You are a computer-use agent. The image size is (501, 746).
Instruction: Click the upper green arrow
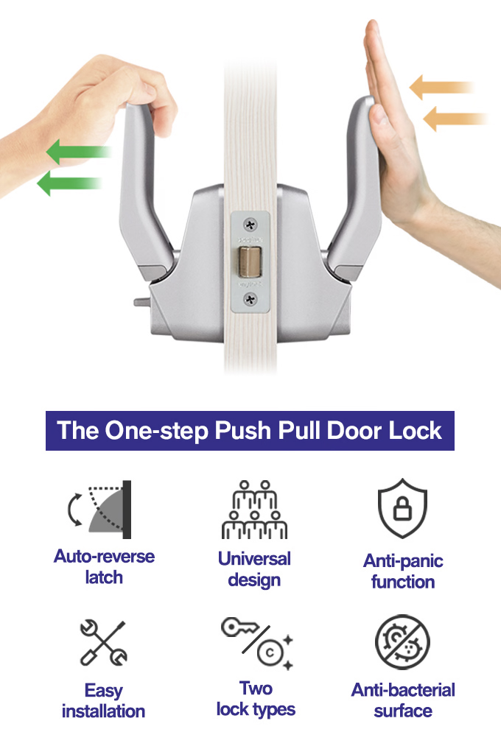coord(79,152)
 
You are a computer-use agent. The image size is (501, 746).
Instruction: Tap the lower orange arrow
coord(455,119)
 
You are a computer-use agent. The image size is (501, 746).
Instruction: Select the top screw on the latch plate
coord(251,225)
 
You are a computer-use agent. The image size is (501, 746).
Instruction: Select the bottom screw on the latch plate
coord(251,299)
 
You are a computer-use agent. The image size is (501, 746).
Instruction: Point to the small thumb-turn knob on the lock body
coord(141,302)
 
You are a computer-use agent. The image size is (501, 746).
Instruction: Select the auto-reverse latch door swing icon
coord(99,510)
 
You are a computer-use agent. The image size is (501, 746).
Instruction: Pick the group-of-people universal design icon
coord(254,510)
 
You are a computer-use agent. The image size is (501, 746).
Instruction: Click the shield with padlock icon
coord(402,508)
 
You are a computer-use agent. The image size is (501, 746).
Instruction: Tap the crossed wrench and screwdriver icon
coord(103,642)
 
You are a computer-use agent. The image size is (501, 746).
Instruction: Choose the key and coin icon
coord(257,643)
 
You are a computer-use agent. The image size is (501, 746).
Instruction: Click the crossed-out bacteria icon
coord(402,642)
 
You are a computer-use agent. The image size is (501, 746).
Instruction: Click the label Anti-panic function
coord(403,571)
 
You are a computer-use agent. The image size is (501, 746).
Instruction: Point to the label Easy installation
coord(103,701)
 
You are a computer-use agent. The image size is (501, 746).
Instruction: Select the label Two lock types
coord(256,699)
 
